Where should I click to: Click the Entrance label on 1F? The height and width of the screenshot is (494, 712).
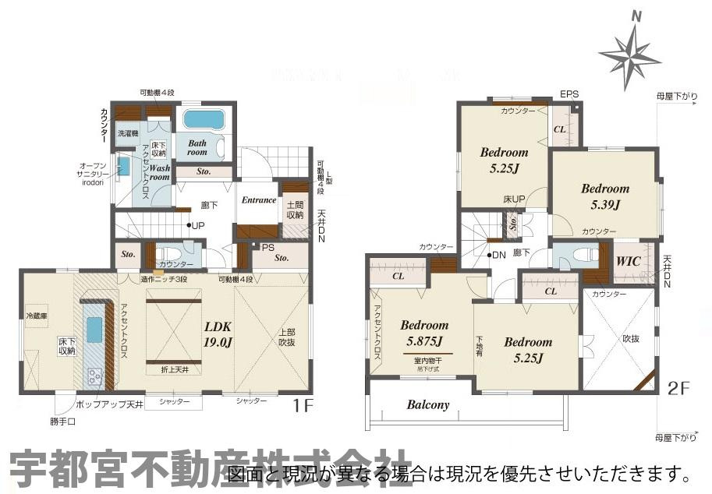pos(258,200)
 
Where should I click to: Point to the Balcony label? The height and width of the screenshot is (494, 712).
pos(428,405)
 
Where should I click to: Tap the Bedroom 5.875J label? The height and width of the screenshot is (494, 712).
pos(424,333)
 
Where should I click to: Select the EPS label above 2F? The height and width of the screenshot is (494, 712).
pos(569,94)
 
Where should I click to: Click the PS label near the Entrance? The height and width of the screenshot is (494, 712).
pos(267,248)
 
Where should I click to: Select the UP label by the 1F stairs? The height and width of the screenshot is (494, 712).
pos(198,226)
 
